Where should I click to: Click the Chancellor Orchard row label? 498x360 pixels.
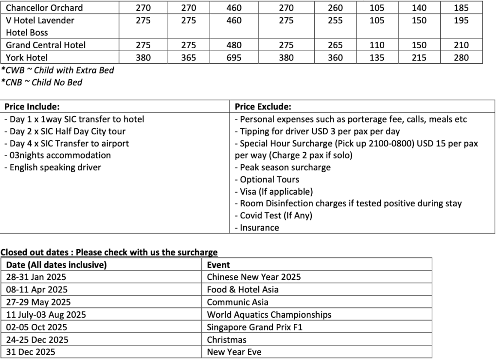coord(44,8)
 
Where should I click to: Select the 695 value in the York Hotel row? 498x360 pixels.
coord(234,57)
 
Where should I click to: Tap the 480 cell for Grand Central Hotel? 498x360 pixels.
coord(234,45)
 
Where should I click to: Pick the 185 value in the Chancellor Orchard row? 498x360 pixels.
coord(461,8)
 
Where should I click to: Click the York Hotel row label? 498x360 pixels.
coord(27,57)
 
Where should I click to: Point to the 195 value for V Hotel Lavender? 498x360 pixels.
coord(461,20)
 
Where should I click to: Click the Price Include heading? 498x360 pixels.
coord(32,107)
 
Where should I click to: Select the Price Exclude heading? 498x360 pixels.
coord(263,107)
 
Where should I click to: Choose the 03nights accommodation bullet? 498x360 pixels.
coord(57,155)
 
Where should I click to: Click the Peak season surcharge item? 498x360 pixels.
coord(283,167)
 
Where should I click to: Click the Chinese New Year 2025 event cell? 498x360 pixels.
coord(254,277)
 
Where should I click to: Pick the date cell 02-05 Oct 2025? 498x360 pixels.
coord(37,327)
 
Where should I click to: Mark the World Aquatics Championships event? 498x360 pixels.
coord(269,315)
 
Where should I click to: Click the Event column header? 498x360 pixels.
coord(218,265)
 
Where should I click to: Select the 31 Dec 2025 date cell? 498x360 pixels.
coord(31,352)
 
